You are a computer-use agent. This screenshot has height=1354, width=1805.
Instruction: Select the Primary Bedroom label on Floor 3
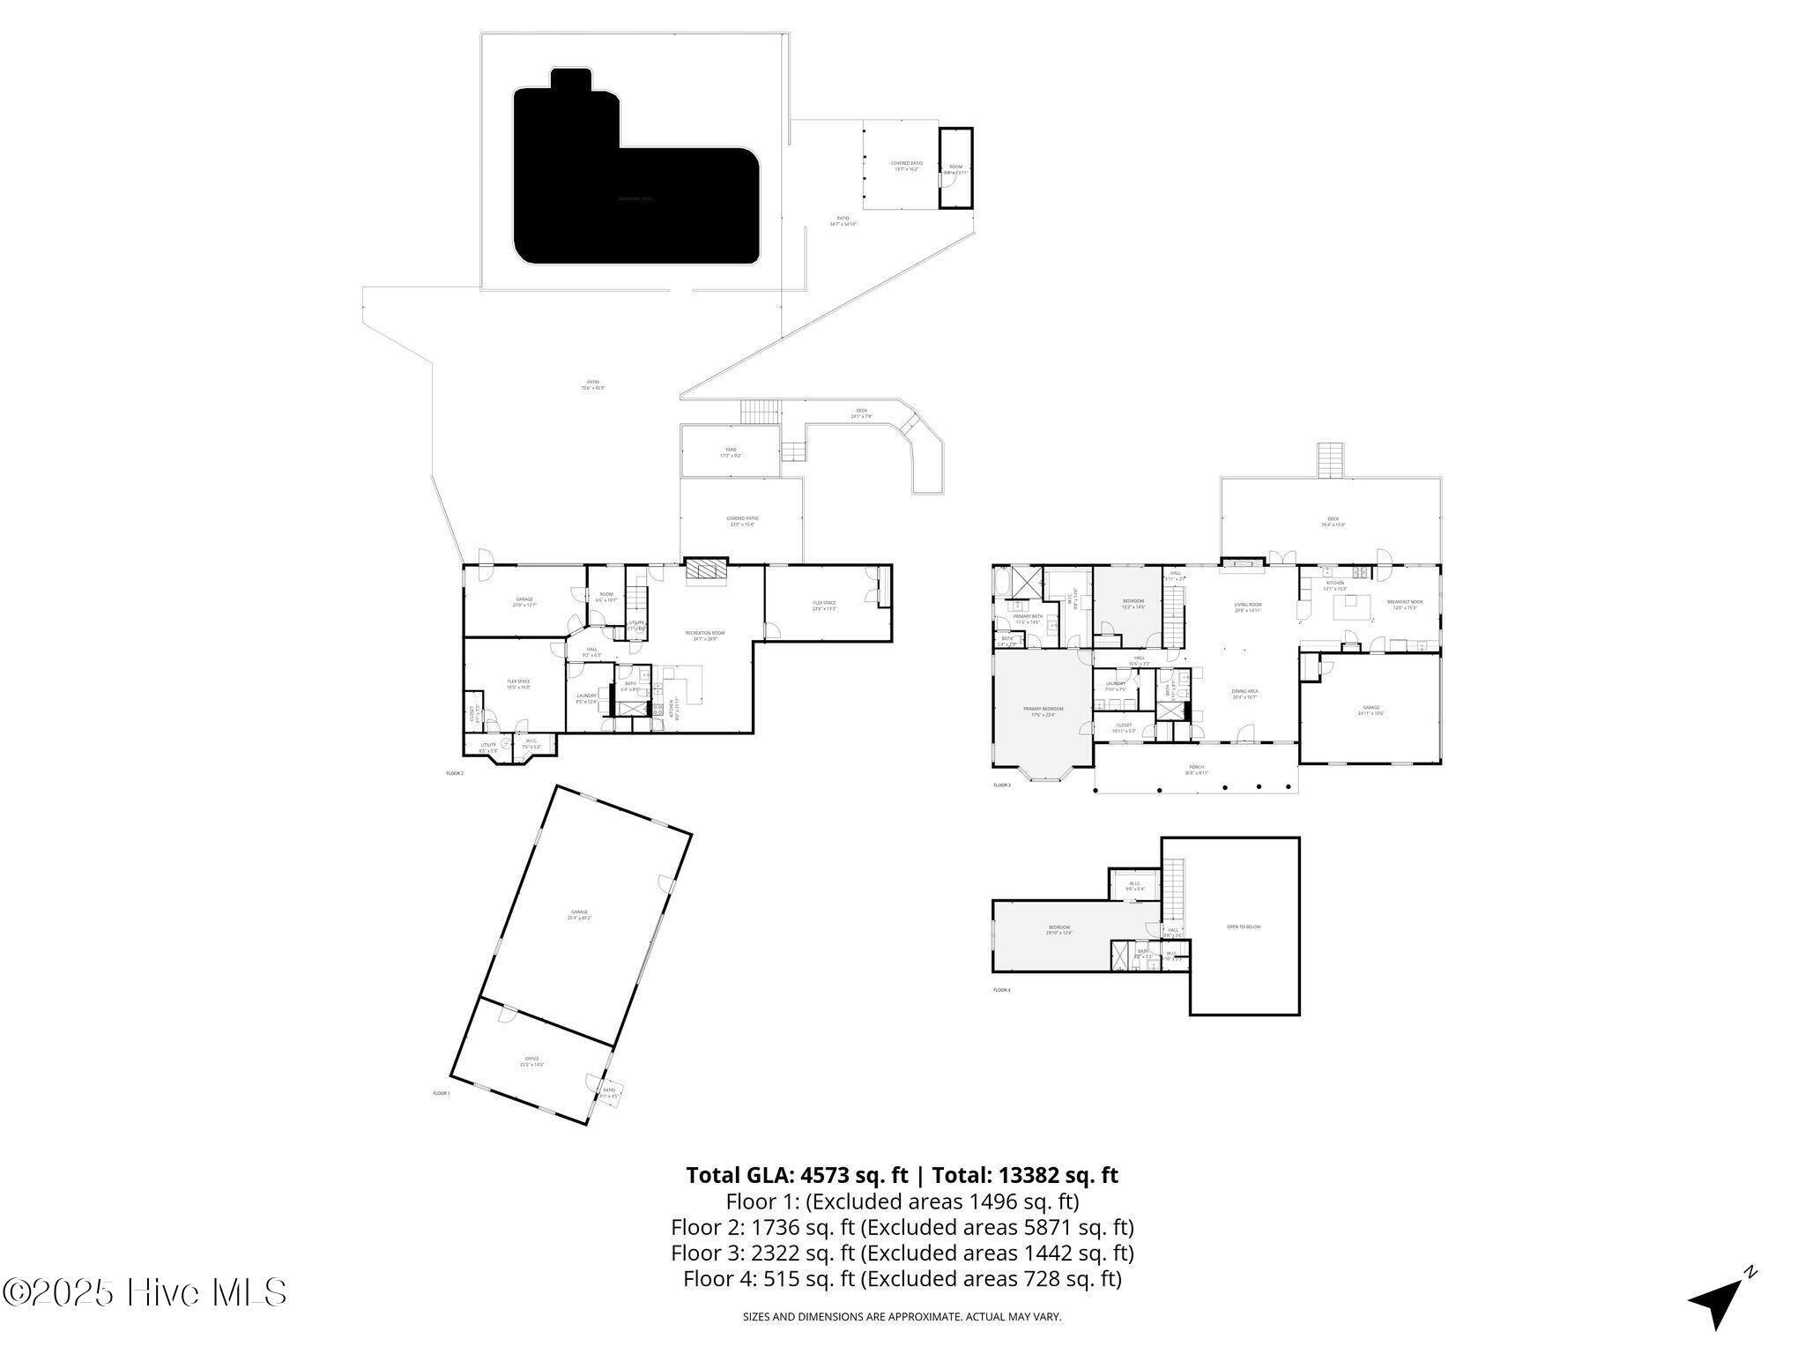click(x=1043, y=711)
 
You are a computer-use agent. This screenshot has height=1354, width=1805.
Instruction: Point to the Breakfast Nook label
click(x=1404, y=605)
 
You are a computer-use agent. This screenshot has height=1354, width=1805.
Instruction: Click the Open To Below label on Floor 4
click(x=1244, y=926)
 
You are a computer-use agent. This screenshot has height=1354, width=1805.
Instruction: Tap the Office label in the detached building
click(x=531, y=1061)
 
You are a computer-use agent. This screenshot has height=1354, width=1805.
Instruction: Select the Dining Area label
click(x=1244, y=694)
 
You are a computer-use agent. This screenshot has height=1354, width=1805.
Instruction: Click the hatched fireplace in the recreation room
click(x=707, y=570)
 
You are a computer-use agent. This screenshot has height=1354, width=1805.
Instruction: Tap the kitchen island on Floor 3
click(x=1348, y=607)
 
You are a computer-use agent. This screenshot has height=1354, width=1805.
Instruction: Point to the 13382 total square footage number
click(x=1029, y=1175)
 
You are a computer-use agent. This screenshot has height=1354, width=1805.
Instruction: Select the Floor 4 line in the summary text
click(x=902, y=1278)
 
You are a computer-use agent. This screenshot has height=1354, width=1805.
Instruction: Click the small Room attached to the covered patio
click(x=955, y=168)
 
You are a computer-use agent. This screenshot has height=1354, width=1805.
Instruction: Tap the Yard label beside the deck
click(x=730, y=452)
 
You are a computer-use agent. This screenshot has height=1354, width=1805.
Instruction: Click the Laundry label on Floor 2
click(x=586, y=698)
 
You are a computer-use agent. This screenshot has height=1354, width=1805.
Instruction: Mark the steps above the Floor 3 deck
click(x=1330, y=459)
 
